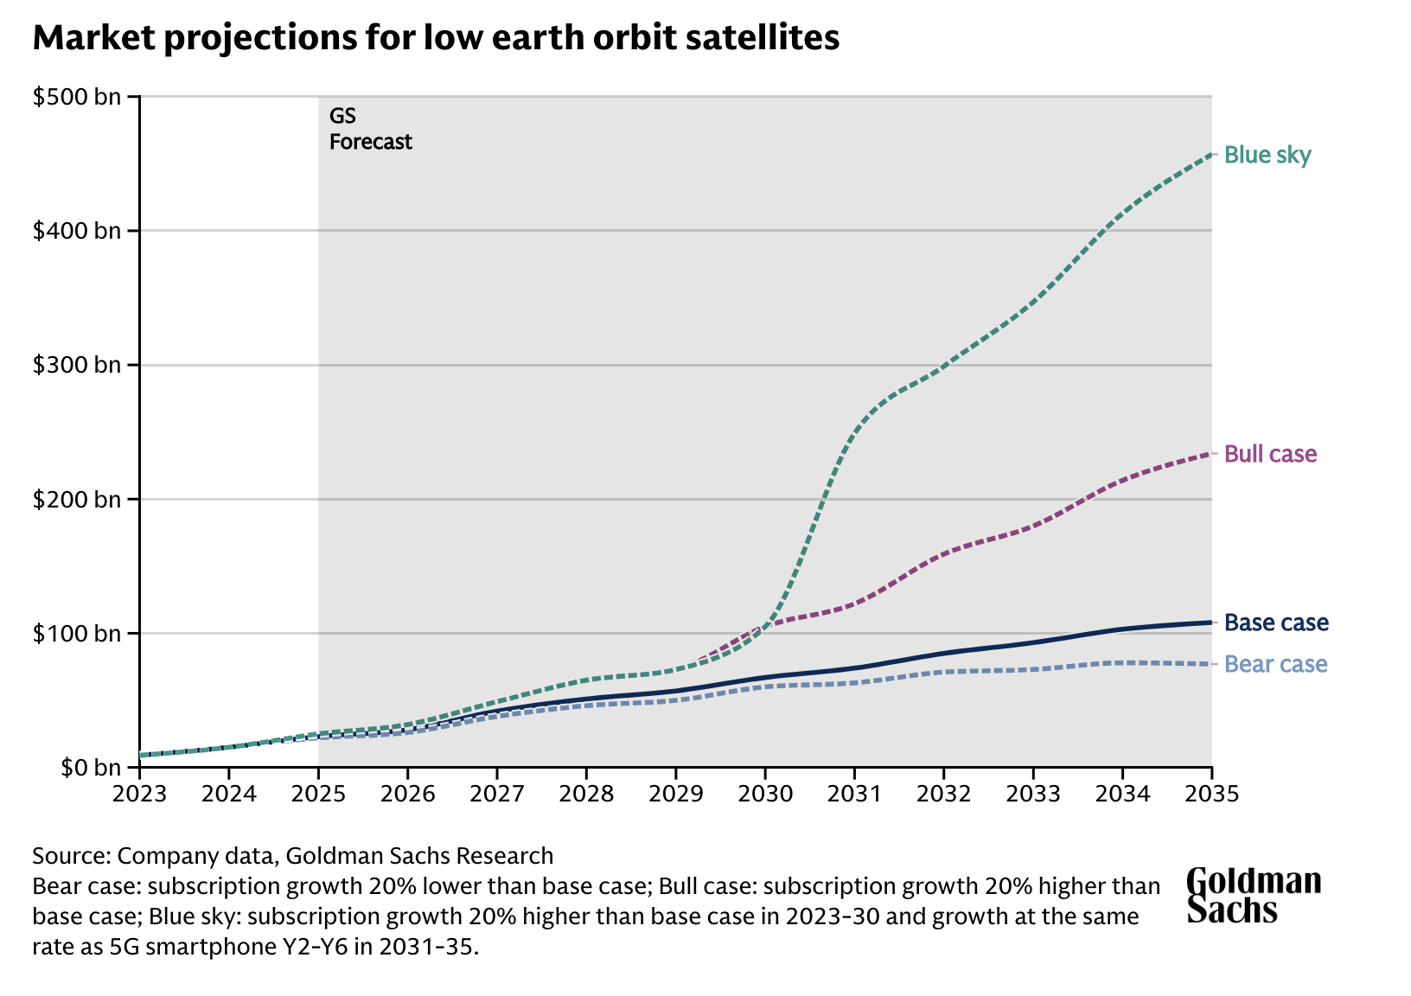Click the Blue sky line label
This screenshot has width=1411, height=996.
[1267, 156]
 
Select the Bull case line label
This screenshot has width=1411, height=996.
[1271, 454]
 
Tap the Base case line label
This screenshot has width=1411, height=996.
[1276, 623]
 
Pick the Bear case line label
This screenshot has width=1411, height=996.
[1276, 664]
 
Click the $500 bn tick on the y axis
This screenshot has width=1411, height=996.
[77, 97]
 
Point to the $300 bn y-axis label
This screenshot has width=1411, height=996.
[77, 366]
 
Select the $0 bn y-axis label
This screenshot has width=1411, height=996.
[87, 768]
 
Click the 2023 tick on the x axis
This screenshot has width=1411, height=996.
[139, 793]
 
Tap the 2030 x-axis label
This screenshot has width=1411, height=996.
[764, 793]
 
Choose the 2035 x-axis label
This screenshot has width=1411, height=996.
[1211, 793]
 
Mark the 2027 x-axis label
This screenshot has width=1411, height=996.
[496, 793]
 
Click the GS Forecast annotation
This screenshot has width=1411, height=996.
[370, 129]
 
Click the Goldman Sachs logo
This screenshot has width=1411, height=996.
[1253, 895]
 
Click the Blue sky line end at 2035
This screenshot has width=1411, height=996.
[1210, 154]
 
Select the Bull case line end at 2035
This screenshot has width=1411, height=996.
[1210, 453]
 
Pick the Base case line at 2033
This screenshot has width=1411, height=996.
[1032, 642]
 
